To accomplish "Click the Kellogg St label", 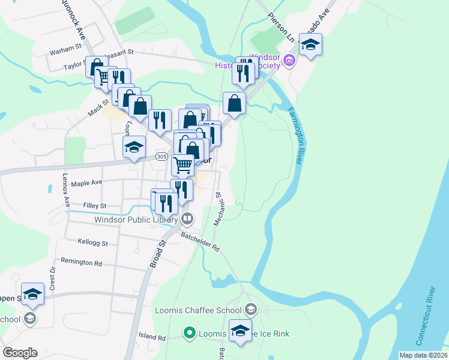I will [92, 244].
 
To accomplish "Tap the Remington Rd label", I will [81, 262].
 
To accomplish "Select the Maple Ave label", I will [86, 182].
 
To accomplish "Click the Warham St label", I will [65, 47].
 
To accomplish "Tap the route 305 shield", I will [161, 157].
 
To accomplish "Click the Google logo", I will [20, 353].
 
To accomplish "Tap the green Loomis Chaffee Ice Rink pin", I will [190, 332].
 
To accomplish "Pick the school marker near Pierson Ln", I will [310, 45].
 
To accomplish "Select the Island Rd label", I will [151, 338].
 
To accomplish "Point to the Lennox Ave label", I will [67, 189].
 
